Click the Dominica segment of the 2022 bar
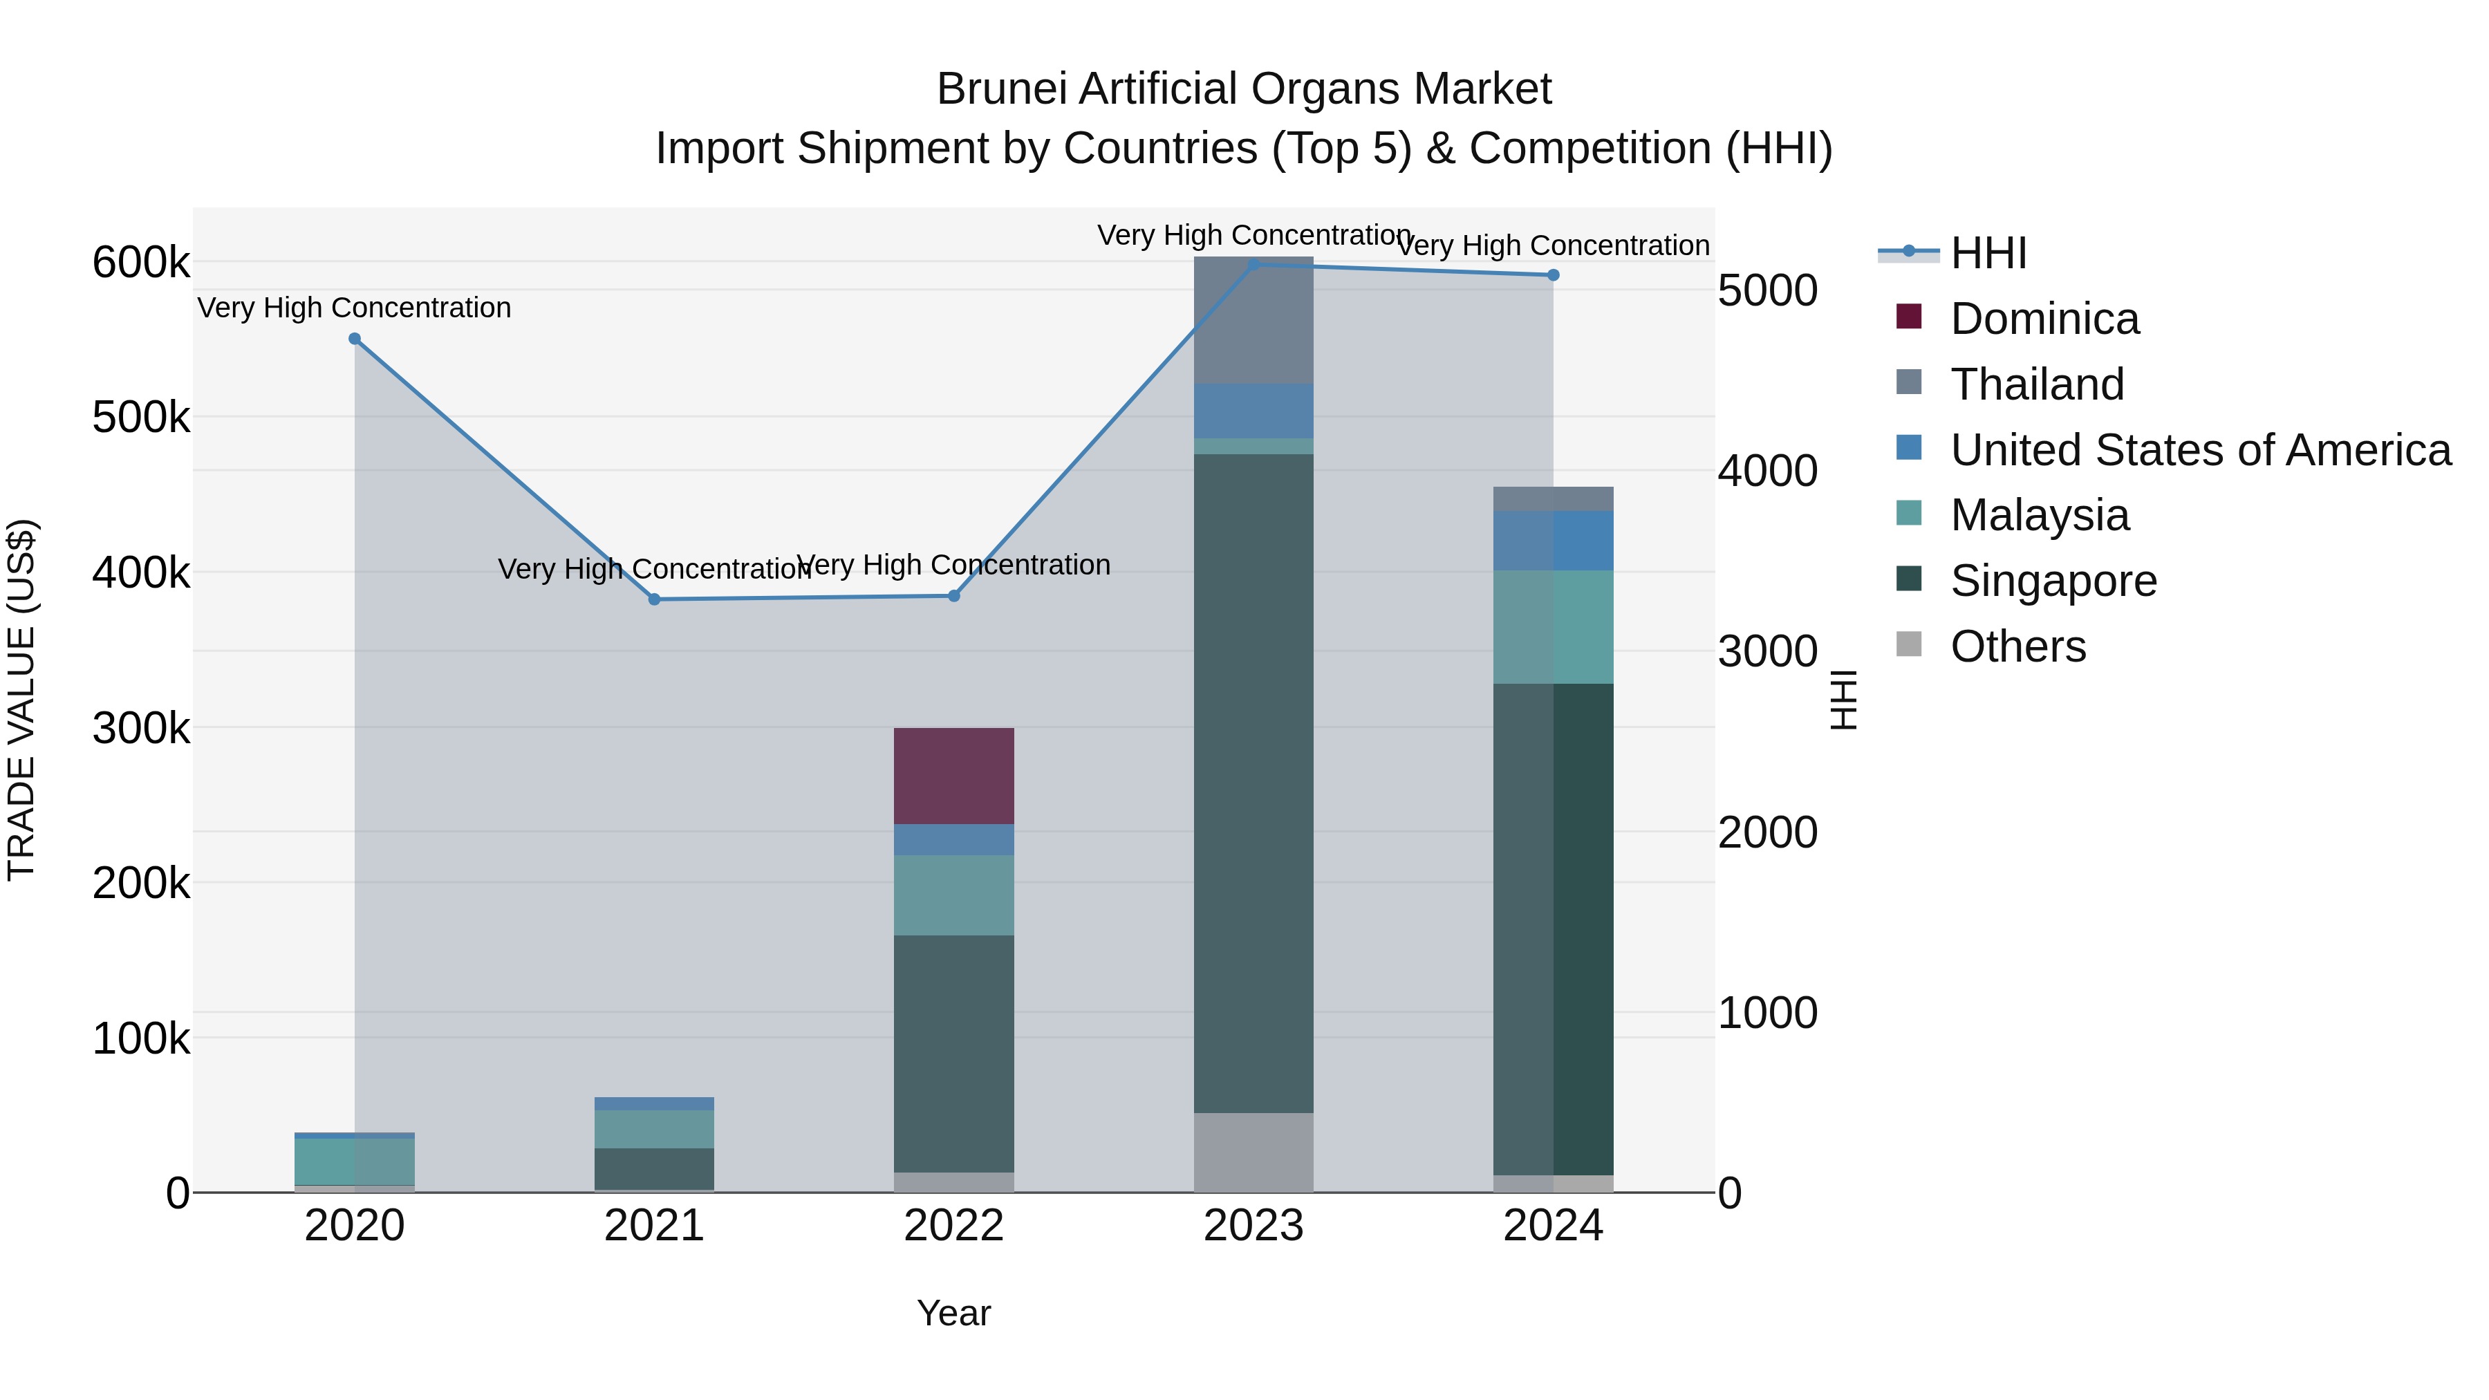pyautogui.click(x=953, y=775)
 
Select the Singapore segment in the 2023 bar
pyautogui.click(x=1253, y=783)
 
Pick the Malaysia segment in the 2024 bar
pyautogui.click(x=1553, y=626)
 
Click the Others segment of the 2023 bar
pyautogui.click(x=1253, y=1152)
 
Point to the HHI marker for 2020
pyautogui.click(x=355, y=339)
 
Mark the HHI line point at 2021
pyautogui.click(x=654, y=599)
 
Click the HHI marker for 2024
pyautogui.click(x=1553, y=275)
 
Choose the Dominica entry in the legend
pyautogui.click(x=2044, y=319)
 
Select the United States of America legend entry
pyautogui.click(x=2200, y=450)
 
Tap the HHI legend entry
pyautogui.click(x=1988, y=253)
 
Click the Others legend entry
pyautogui.click(x=2017, y=646)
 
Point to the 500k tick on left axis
pyautogui.click(x=141, y=418)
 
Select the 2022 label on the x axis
pyautogui.click(x=953, y=1226)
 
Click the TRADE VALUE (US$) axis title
pyautogui.click(x=21, y=700)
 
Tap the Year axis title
pyautogui.click(x=953, y=1313)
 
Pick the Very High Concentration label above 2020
pyautogui.click(x=355, y=308)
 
